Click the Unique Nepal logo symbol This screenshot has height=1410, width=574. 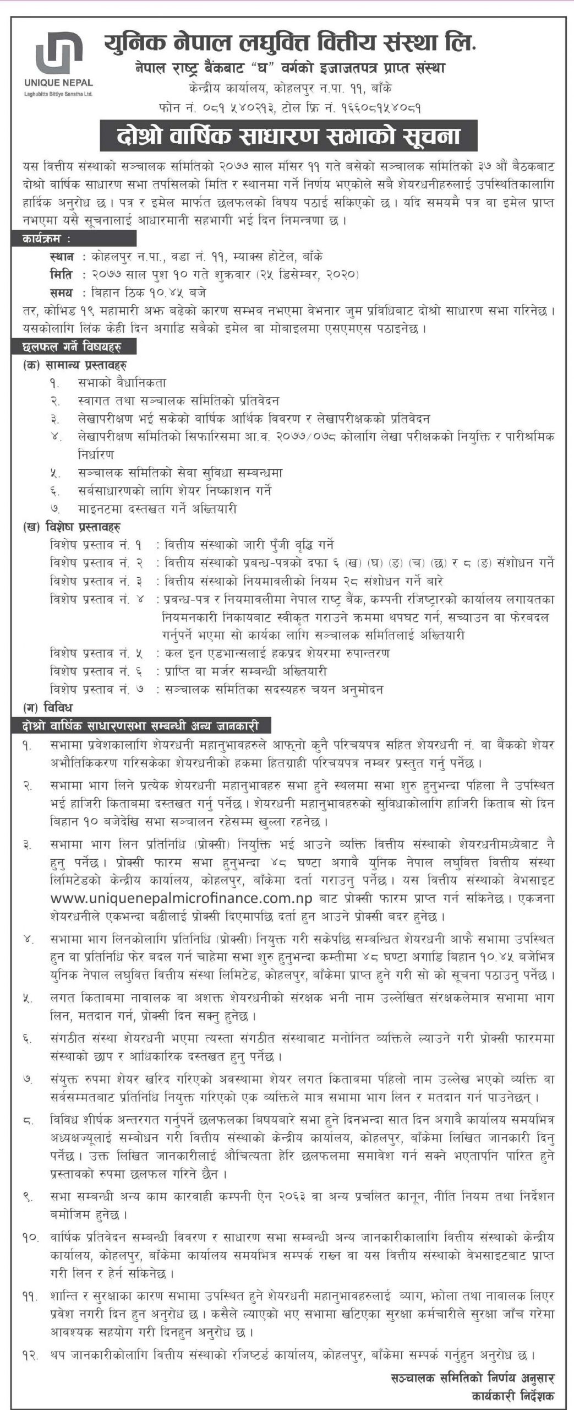[x=59, y=54]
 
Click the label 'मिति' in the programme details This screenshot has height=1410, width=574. [x=61, y=274]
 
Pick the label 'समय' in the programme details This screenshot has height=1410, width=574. [x=61, y=292]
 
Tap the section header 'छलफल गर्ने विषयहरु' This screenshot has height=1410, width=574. [x=72, y=346]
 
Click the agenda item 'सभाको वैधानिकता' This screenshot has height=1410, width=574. [x=122, y=382]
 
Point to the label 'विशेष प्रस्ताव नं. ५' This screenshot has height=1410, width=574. [x=96, y=653]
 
